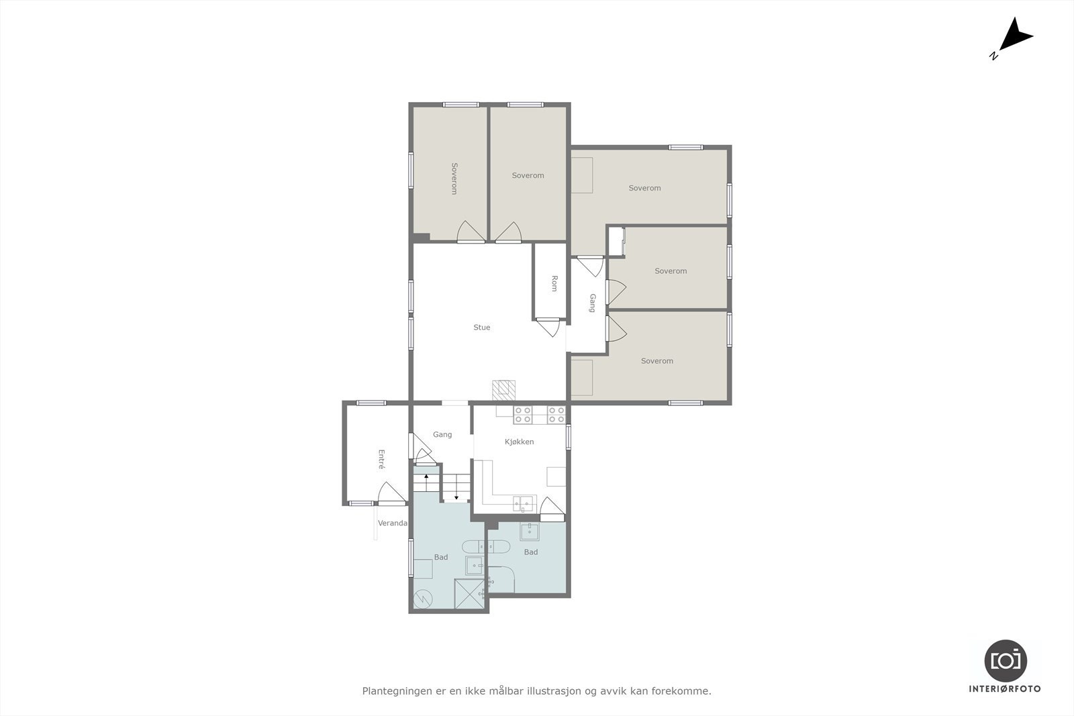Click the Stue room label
pos(481,327)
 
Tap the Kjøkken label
pos(519,442)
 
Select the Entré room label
pos(381,459)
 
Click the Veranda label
pos(392,523)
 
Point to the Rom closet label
pos(554,283)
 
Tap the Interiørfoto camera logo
pos(1005,660)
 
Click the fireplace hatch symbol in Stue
pos(504,389)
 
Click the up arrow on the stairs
pos(426,478)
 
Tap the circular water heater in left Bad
pos(424,597)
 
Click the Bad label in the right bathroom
pos(530,552)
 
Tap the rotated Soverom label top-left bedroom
pos(454,178)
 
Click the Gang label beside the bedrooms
pos(592,303)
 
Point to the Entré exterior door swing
pos(391,493)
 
